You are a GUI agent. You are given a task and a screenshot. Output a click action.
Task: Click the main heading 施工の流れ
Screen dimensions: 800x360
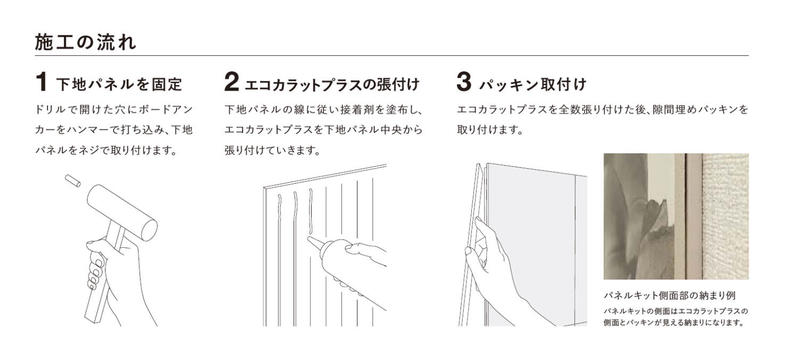click(x=86, y=42)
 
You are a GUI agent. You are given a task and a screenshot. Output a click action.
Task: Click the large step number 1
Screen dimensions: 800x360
click(x=41, y=82)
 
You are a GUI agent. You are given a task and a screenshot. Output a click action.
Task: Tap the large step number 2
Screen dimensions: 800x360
click(x=231, y=82)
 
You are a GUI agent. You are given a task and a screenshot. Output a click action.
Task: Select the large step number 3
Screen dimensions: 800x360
click(x=464, y=82)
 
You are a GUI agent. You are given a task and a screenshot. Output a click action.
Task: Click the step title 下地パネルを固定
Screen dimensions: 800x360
click(x=119, y=84)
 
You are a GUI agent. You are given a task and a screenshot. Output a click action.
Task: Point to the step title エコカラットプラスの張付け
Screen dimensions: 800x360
click(x=332, y=84)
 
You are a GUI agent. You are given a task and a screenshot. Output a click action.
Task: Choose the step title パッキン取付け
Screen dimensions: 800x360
click(x=533, y=84)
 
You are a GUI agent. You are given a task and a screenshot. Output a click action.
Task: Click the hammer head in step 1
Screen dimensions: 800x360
click(x=122, y=212)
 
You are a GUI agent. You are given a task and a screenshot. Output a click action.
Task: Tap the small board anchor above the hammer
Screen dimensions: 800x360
click(x=72, y=181)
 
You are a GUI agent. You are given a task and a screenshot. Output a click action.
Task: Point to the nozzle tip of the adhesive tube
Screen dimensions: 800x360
click(x=309, y=238)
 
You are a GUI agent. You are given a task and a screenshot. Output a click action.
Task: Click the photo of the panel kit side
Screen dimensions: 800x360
click(x=676, y=216)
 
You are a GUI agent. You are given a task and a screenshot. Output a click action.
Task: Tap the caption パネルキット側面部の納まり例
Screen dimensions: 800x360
click(x=669, y=295)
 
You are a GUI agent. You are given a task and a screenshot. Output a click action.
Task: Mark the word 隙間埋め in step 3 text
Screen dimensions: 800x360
click(x=671, y=110)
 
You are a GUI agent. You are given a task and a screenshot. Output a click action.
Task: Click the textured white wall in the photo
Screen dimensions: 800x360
click(x=726, y=216)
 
